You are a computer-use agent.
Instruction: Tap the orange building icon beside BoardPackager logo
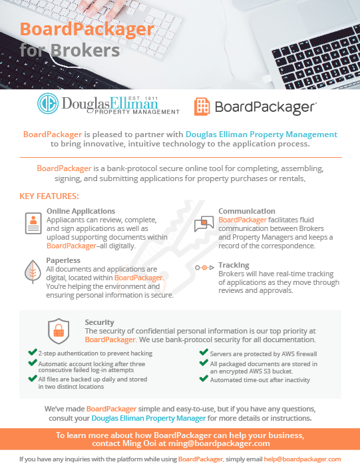[202, 106]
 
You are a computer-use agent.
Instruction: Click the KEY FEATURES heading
[49, 196]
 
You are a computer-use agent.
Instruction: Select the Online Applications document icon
[32, 224]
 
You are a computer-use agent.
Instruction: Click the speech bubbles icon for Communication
[203, 224]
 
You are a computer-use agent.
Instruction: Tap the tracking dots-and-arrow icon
[204, 267]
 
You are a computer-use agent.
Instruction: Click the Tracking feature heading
[234, 265]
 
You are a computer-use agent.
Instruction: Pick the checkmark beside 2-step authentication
[32, 353]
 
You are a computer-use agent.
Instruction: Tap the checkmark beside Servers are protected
[204, 353]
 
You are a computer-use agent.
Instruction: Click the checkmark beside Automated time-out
[204, 379]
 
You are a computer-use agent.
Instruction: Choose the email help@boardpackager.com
[311, 459]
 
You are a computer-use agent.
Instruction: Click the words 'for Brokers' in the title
[69, 51]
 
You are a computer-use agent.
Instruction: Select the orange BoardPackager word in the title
[87, 29]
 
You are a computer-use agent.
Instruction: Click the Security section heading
[99, 322]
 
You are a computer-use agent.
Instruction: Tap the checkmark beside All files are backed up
[32, 378]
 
